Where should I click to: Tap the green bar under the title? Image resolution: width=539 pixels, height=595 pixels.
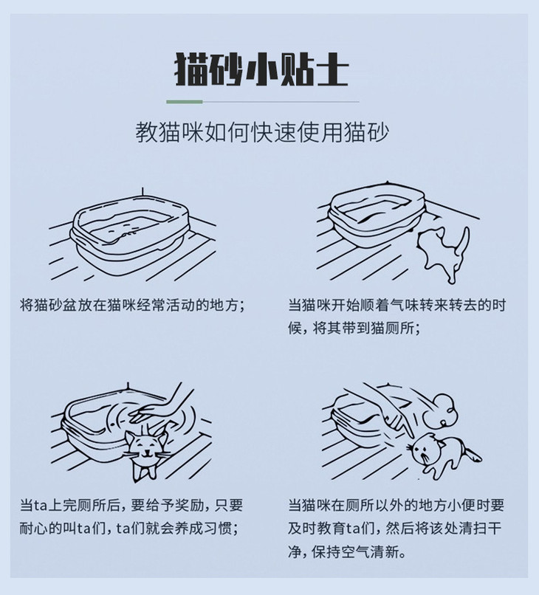tap(184, 101)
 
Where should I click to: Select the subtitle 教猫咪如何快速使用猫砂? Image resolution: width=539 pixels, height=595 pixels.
tap(263, 133)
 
